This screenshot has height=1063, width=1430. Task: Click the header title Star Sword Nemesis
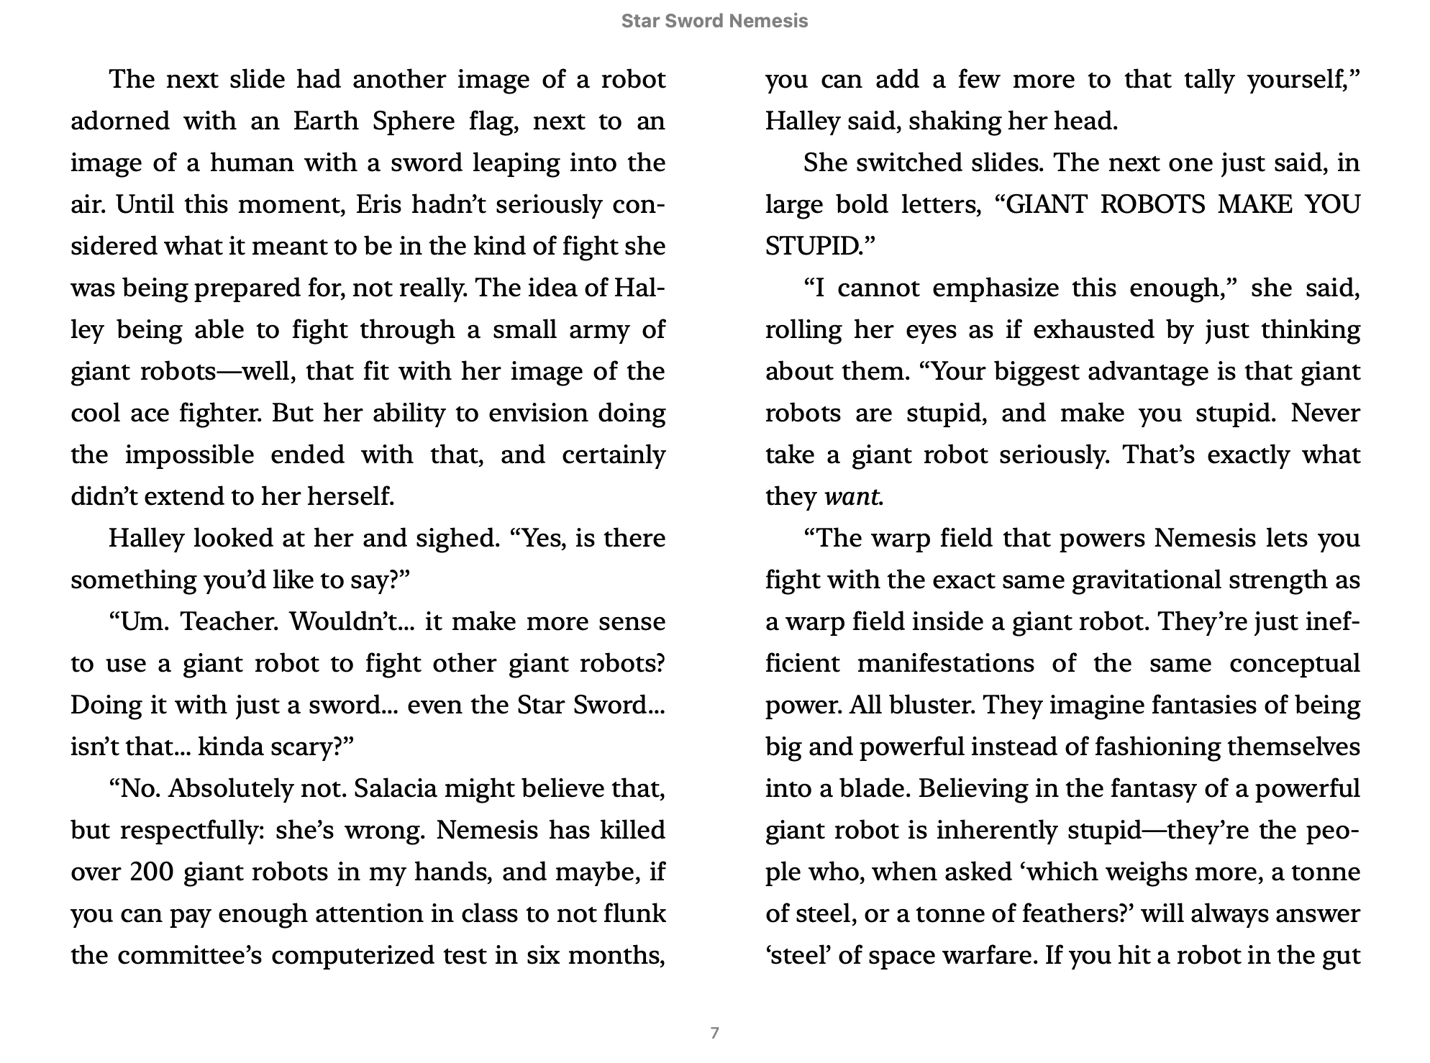(x=714, y=21)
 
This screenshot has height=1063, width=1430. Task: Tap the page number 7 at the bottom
(x=714, y=1033)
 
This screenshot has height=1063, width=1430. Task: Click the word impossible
(x=189, y=455)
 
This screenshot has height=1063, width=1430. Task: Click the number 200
(x=152, y=872)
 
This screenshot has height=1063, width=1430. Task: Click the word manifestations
(x=945, y=663)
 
